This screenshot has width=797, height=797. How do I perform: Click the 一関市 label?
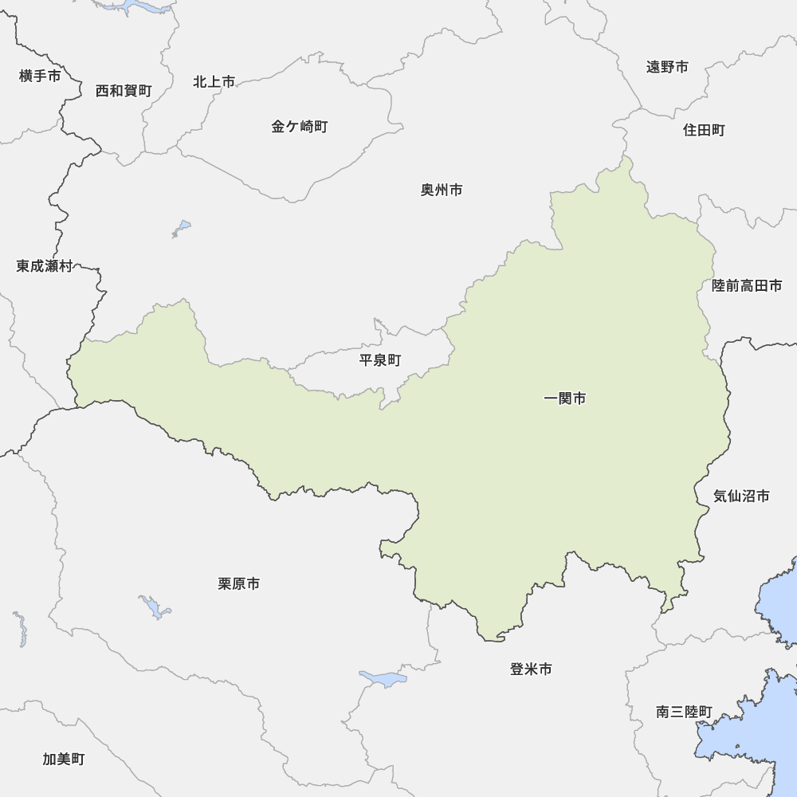point(564,398)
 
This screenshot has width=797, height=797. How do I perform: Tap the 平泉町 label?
point(380,360)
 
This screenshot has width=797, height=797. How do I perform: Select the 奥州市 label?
point(442,190)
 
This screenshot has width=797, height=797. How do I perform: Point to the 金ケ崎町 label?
point(300,127)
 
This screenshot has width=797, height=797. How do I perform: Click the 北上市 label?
point(214,82)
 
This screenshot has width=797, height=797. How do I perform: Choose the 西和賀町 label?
point(124,91)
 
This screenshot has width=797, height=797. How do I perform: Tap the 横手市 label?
point(40,77)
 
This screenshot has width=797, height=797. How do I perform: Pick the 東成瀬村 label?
point(45,266)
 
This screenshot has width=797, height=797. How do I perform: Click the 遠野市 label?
point(667,67)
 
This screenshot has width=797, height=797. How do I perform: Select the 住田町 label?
point(704,130)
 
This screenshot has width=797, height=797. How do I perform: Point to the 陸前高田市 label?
point(747,285)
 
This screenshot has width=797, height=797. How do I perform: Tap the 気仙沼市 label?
point(741,497)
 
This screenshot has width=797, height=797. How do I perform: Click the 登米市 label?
point(531,669)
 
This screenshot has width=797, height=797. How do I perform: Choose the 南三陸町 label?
point(685,713)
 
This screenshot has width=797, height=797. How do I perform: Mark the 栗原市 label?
point(238,584)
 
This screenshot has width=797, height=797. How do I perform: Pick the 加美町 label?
point(64,759)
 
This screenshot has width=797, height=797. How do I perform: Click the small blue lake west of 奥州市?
point(183,227)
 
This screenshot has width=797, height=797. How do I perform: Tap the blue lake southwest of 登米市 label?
point(384,679)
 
